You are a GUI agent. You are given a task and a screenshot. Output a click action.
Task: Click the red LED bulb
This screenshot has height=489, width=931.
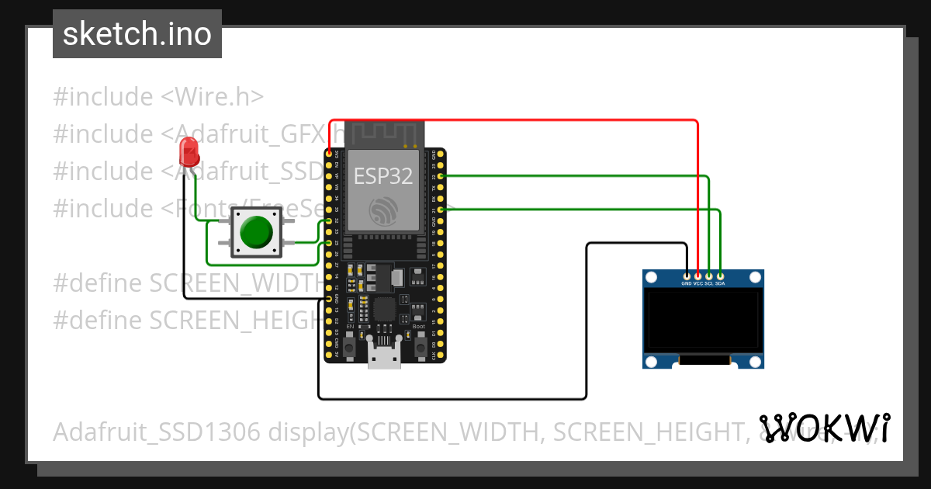coord(188,151)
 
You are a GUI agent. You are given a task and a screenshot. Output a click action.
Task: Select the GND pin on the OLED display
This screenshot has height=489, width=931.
coord(687,276)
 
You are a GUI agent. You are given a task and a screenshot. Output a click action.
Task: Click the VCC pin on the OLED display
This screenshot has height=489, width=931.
coord(698,276)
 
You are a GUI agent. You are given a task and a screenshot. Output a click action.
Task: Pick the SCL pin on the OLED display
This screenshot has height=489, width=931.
coord(709,276)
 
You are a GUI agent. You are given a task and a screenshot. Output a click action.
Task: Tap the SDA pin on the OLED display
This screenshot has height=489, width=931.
coord(721,276)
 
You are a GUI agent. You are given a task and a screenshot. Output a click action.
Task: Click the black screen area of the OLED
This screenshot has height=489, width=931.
coord(703,319)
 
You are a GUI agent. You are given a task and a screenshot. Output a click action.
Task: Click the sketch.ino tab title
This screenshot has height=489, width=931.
coord(137,34)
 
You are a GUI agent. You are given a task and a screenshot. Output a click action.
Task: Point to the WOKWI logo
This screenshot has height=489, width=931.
coord(824,428)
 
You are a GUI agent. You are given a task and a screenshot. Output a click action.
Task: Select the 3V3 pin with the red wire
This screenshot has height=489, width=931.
coord(330,154)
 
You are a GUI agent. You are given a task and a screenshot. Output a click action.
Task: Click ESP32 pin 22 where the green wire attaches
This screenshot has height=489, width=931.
coord(440,177)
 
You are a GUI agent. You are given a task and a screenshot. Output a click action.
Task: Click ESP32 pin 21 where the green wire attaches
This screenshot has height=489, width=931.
coord(440,210)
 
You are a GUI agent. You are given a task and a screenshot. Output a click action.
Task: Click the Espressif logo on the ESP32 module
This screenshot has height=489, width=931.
coord(383,210)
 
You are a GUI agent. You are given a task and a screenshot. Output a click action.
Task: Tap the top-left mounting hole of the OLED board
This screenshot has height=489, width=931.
coord(652,277)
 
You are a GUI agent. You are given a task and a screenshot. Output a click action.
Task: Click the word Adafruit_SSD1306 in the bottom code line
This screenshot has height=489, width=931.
coord(157,432)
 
